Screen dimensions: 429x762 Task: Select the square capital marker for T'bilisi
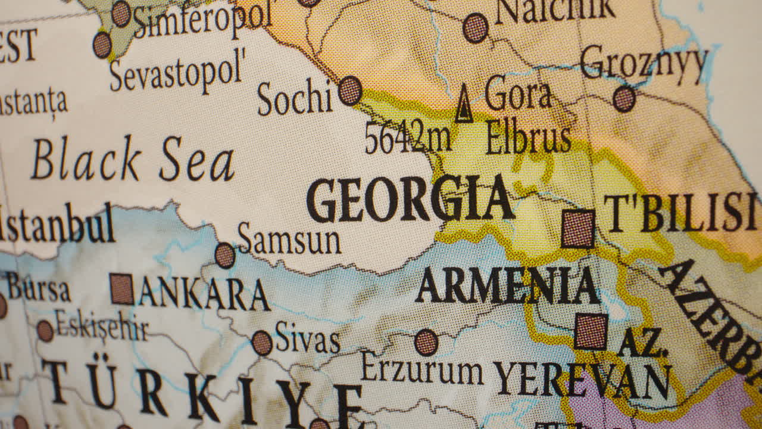[577, 229]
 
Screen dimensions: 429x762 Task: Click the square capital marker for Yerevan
[591, 332]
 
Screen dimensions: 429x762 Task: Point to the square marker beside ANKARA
[122, 289]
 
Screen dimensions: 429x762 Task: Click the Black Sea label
[133, 159]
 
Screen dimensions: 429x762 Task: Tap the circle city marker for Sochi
[350, 91]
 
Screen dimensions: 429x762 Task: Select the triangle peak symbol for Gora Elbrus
[464, 104]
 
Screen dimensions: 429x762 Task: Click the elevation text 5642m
[408, 138]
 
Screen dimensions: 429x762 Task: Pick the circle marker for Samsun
[225, 256]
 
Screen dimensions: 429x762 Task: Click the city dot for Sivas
[262, 343]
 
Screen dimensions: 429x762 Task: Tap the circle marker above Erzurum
[426, 343]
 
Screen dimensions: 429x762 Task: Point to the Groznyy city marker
[624, 99]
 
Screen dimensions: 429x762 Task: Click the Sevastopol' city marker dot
[102, 45]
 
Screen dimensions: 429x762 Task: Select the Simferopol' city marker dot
[121, 13]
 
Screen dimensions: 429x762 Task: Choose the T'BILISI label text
[680, 213]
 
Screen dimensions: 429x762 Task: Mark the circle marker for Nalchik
[476, 27]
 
